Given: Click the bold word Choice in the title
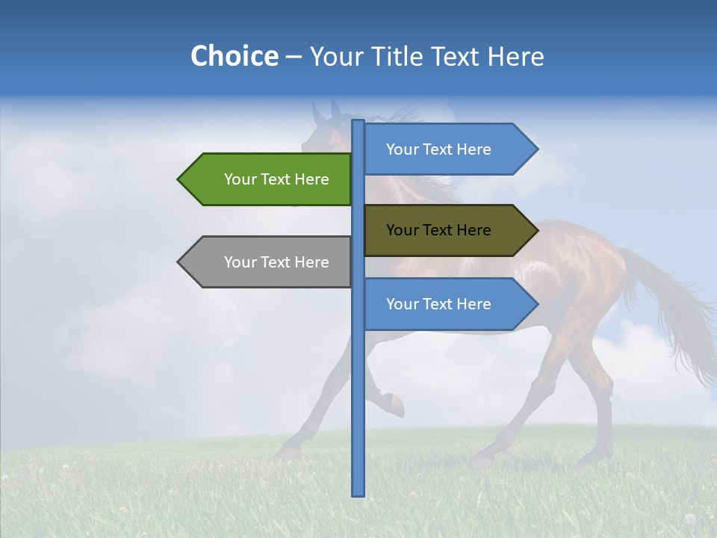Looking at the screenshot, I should pyautogui.click(x=234, y=56).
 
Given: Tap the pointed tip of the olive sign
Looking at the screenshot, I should pyautogui.click(x=536, y=230).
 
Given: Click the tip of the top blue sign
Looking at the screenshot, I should pyautogui.click(x=536, y=149).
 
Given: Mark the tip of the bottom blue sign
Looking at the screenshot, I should pyautogui.click(x=536, y=304).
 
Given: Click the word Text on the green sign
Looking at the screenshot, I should pyautogui.click(x=276, y=179).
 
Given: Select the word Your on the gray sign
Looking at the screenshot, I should pyautogui.click(x=240, y=262).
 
